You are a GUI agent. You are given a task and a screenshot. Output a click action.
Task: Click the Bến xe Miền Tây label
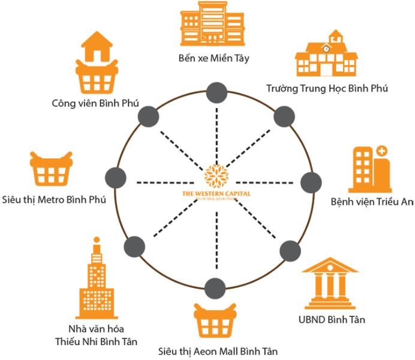[x=213, y=59]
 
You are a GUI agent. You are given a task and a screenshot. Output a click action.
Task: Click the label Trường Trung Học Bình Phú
[x=327, y=89]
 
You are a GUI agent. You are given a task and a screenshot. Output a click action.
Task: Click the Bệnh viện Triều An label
[x=372, y=202]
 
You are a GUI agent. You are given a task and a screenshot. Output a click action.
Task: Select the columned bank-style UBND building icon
[x=330, y=284]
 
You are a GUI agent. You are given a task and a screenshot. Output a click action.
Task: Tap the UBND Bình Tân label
[x=331, y=319]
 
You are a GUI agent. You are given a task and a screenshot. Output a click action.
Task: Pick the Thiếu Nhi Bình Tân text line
[x=96, y=341]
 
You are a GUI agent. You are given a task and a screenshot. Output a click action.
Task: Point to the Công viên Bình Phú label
[x=96, y=103]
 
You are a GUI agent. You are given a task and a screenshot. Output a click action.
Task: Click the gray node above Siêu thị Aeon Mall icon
[x=213, y=286]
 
